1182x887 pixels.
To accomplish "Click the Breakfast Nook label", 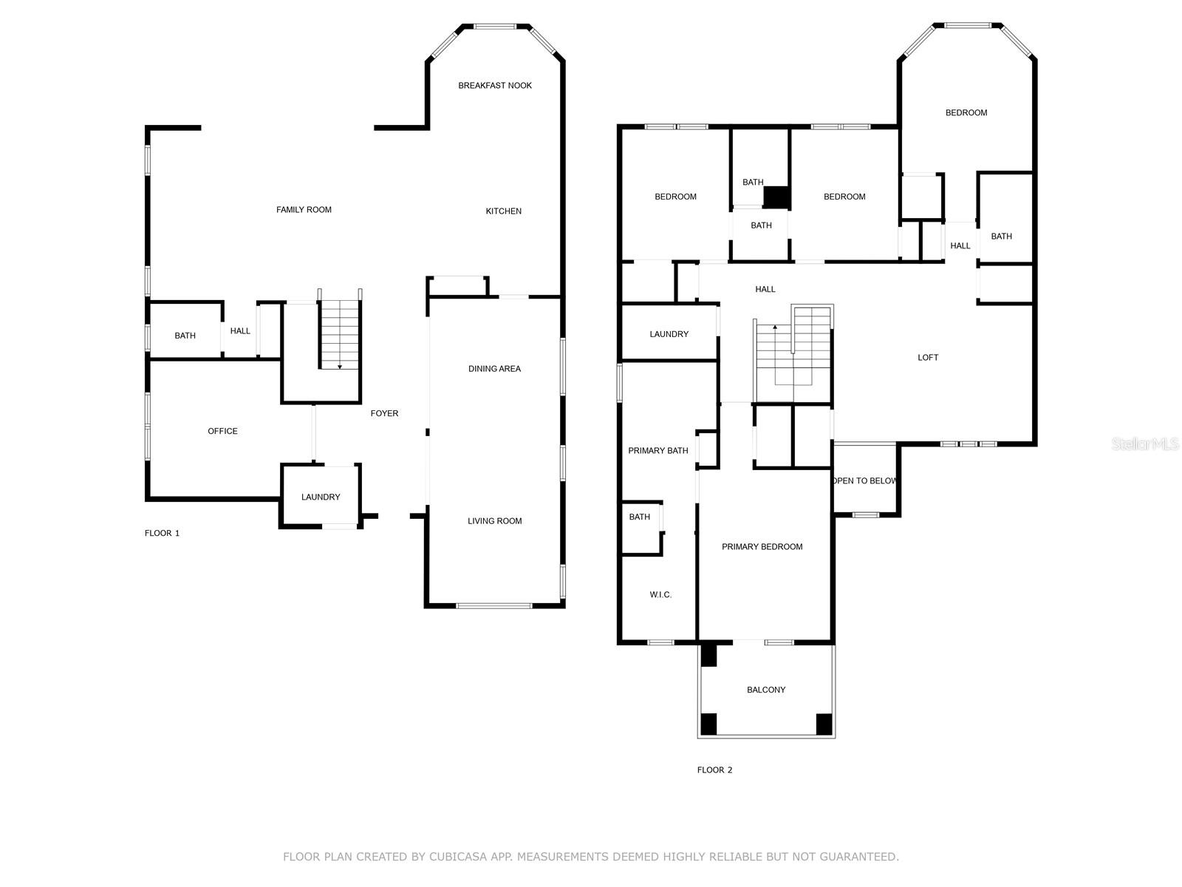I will pyautogui.click(x=495, y=86).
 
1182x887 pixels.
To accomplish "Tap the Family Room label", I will pyautogui.click(x=304, y=210).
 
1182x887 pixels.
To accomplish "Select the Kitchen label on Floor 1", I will pyautogui.click(x=503, y=211).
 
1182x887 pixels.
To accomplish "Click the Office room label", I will pyautogui.click(x=222, y=431).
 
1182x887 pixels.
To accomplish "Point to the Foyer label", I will pyautogui.click(x=384, y=413).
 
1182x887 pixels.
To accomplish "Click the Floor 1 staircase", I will pyautogui.click(x=340, y=334).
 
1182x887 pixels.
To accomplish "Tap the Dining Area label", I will pyautogui.click(x=494, y=369).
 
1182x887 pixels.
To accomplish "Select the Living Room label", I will pyautogui.click(x=494, y=521).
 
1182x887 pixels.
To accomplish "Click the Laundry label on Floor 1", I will pyautogui.click(x=321, y=497).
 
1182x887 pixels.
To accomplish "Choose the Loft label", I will pyautogui.click(x=928, y=358).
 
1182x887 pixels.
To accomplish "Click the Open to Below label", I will pyautogui.click(x=864, y=481).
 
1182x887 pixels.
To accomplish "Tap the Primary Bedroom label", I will pyautogui.click(x=762, y=547).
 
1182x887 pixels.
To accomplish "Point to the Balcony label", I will pyautogui.click(x=766, y=690).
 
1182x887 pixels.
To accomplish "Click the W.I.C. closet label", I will pyautogui.click(x=660, y=595).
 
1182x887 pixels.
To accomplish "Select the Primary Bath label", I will pyautogui.click(x=657, y=451).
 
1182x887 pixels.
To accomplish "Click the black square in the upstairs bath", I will pyautogui.click(x=776, y=197).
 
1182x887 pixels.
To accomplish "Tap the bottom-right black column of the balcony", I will pyautogui.click(x=824, y=724).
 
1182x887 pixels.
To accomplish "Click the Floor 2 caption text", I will pyautogui.click(x=714, y=770).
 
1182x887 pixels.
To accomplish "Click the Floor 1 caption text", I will pyautogui.click(x=162, y=534).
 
